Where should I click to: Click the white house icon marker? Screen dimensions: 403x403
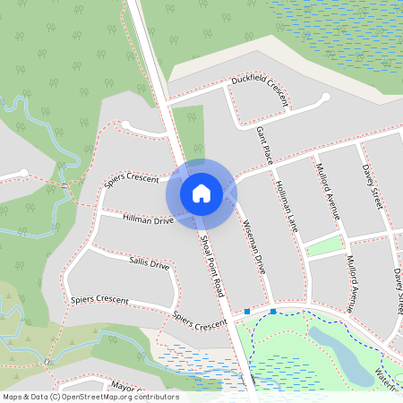[x=201, y=193]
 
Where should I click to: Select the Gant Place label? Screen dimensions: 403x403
[x=264, y=146]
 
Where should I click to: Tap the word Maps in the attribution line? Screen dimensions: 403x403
[x=13, y=397]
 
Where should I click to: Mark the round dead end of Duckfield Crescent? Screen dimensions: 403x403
[x=325, y=98]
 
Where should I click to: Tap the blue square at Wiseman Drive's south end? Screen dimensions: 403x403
[x=273, y=312]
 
